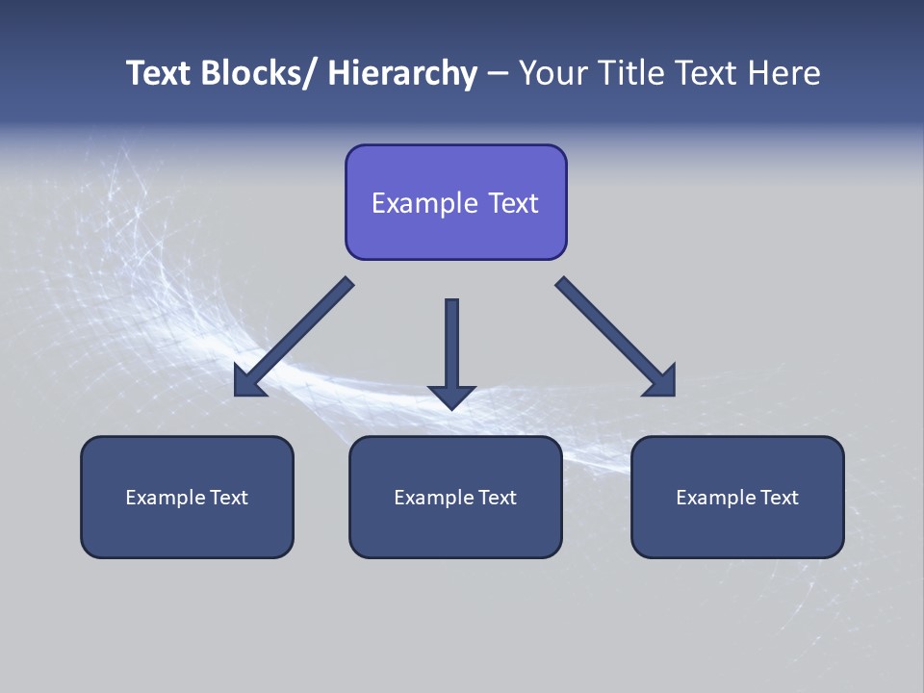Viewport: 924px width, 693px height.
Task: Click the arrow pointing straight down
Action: [x=451, y=346]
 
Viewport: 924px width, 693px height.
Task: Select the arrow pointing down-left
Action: [x=298, y=332]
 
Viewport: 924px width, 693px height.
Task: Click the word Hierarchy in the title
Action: [x=402, y=73]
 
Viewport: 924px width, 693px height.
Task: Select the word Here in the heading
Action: [x=784, y=73]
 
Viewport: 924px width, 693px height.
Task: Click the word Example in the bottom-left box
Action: [x=166, y=498]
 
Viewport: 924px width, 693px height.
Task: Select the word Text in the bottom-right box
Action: [x=779, y=498]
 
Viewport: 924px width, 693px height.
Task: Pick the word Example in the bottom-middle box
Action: [x=434, y=498]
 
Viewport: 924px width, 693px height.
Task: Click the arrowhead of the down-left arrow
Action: [x=248, y=382]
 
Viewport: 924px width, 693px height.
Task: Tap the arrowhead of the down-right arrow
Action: [x=661, y=382]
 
